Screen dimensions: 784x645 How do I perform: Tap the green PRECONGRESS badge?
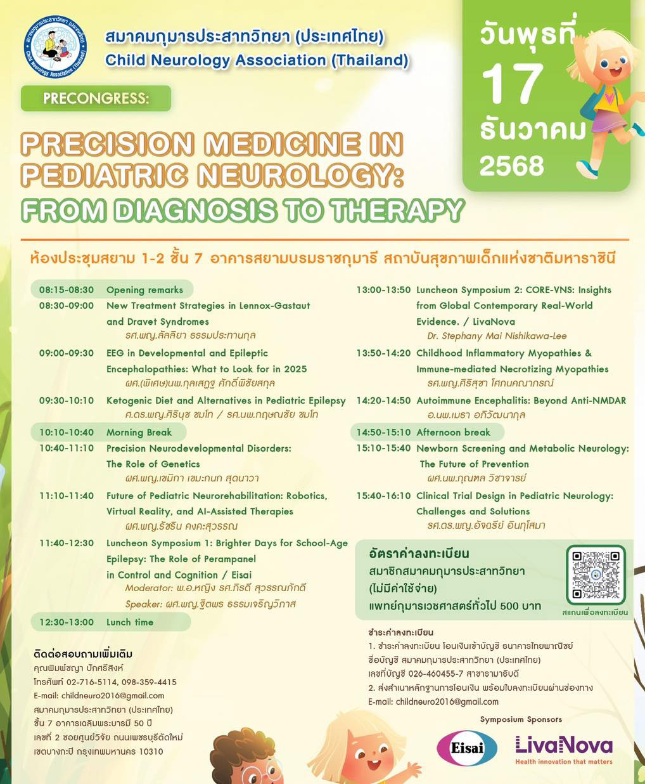tap(96, 98)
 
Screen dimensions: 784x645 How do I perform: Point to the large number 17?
tap(513, 84)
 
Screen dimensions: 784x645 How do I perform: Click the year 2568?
tap(511, 166)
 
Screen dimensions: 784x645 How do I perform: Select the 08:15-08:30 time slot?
tap(66, 290)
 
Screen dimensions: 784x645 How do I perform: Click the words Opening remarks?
tap(144, 290)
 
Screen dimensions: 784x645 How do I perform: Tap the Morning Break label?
tap(139, 433)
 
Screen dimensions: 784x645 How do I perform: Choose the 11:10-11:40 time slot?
tap(66, 496)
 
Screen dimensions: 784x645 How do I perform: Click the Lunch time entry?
tap(130, 622)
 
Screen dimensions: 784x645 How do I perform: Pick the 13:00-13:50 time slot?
tap(383, 290)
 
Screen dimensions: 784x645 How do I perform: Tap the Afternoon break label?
tap(453, 433)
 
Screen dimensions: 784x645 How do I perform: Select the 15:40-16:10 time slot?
tap(383, 496)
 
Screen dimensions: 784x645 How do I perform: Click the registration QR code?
tap(595, 575)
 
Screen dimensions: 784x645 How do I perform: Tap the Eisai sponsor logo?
tap(467, 747)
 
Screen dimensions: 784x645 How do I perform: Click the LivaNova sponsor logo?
tap(564, 748)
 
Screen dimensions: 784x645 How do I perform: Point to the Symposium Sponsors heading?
tap(521, 719)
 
